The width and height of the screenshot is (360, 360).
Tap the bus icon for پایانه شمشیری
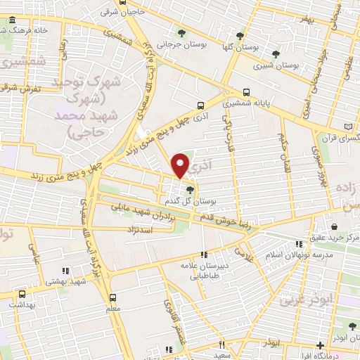point(246,92)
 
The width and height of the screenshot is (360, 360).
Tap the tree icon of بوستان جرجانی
point(182,32)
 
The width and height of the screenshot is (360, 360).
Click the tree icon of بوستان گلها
point(241,36)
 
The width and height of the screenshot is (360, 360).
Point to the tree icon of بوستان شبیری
point(275,53)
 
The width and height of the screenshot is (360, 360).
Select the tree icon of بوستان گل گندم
point(188,188)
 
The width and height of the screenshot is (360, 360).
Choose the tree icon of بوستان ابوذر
point(352,325)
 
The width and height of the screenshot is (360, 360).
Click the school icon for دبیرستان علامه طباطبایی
point(204,255)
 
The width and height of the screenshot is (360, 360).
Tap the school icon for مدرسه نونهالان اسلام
point(299,244)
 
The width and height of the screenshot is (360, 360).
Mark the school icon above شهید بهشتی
point(65,271)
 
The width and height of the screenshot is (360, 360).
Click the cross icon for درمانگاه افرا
point(321,345)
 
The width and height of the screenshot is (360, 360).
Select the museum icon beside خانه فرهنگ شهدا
point(13,31)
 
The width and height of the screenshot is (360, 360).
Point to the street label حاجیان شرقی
point(117,12)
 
